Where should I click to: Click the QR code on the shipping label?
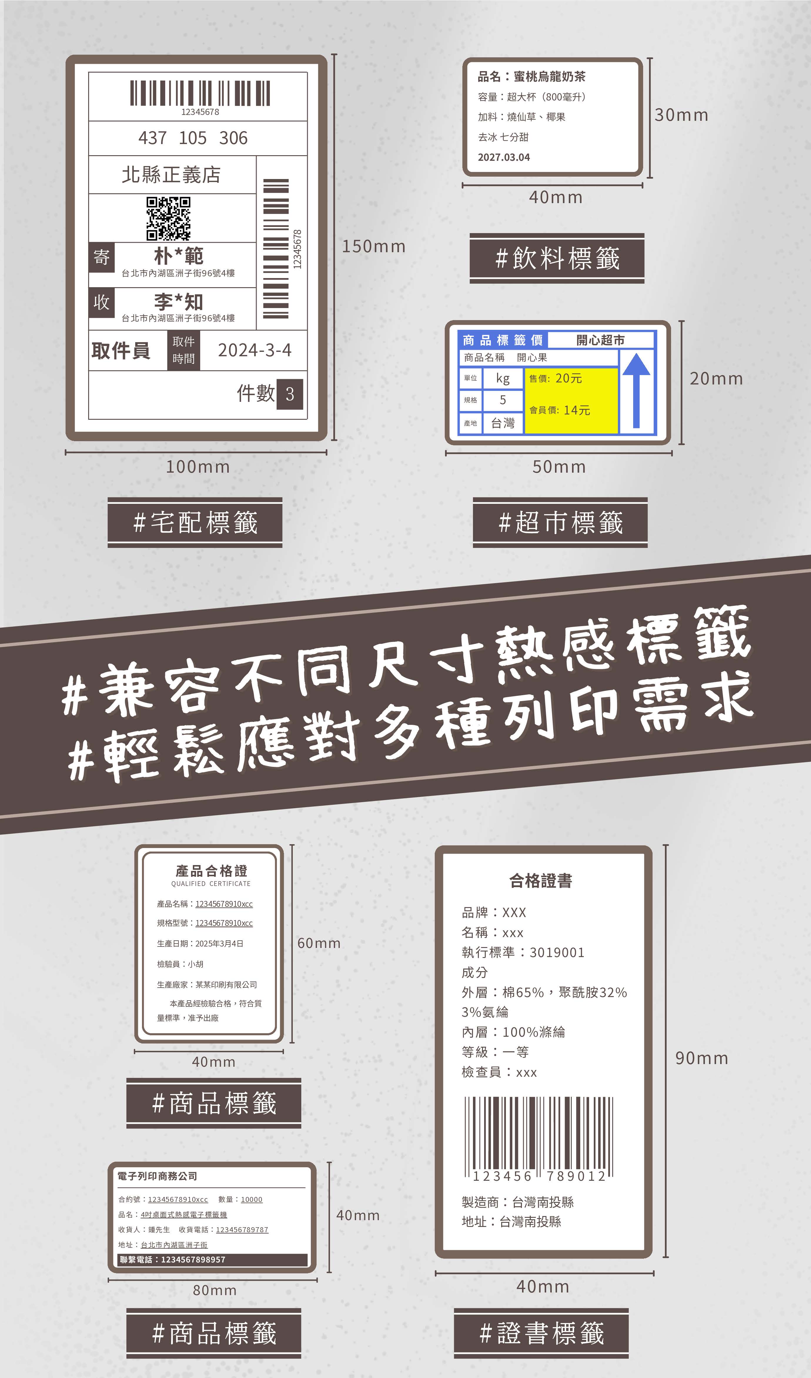[x=168, y=219]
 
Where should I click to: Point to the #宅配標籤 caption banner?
[x=195, y=522]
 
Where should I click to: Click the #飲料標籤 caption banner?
[x=557, y=258]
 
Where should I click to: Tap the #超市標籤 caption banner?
[x=560, y=522]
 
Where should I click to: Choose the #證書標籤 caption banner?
[x=541, y=1333]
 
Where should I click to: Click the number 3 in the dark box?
[x=290, y=394]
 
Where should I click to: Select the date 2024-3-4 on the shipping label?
[x=255, y=350]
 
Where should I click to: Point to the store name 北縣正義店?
[x=171, y=175]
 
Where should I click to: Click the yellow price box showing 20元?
[x=571, y=401]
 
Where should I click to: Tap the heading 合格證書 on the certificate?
[x=541, y=880]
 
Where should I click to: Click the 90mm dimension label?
[x=702, y=1058]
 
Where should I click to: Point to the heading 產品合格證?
[x=211, y=871]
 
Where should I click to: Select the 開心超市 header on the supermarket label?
[x=601, y=340]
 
